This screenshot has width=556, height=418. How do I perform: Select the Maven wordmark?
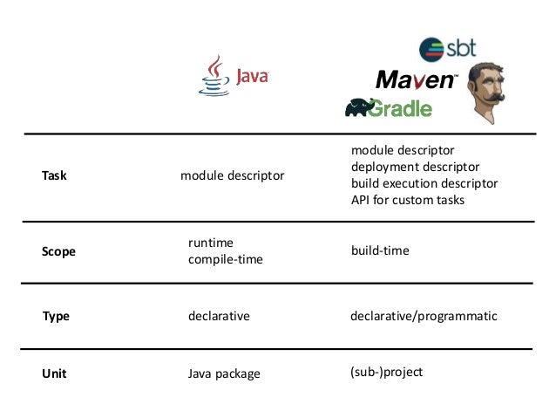[x=416, y=80]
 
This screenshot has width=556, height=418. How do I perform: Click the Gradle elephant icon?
[x=360, y=107]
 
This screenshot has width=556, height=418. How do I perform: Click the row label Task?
[x=54, y=175]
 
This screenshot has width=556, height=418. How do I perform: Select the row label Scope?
[x=58, y=251]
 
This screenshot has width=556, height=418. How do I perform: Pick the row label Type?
[x=56, y=316]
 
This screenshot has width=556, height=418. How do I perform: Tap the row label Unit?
[x=54, y=373]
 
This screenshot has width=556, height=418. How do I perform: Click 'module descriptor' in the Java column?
[x=232, y=175]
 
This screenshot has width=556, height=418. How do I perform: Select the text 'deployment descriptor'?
[x=415, y=167]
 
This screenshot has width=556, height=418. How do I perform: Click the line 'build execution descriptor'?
[x=424, y=183]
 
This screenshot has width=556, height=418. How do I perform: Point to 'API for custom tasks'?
[x=407, y=200]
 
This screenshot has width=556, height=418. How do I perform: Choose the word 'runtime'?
[x=211, y=243]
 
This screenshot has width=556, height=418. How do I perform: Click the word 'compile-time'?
[x=225, y=259]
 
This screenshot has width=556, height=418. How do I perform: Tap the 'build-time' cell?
[x=379, y=250]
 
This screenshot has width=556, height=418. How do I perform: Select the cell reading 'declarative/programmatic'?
[x=423, y=316]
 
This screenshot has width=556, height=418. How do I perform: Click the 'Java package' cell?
[x=224, y=373]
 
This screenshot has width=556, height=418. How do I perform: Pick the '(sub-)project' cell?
[x=386, y=372]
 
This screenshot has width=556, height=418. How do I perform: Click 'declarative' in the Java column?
[x=219, y=316]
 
